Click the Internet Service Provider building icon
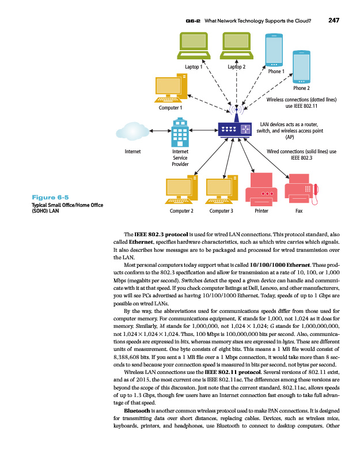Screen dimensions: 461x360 pos(180,133)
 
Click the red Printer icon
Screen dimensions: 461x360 pos(261,190)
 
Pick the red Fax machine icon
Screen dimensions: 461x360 pos(303,190)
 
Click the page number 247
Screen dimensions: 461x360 pos(334,21)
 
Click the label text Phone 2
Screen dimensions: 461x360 pos(301,89)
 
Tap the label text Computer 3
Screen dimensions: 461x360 pos(221,211)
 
